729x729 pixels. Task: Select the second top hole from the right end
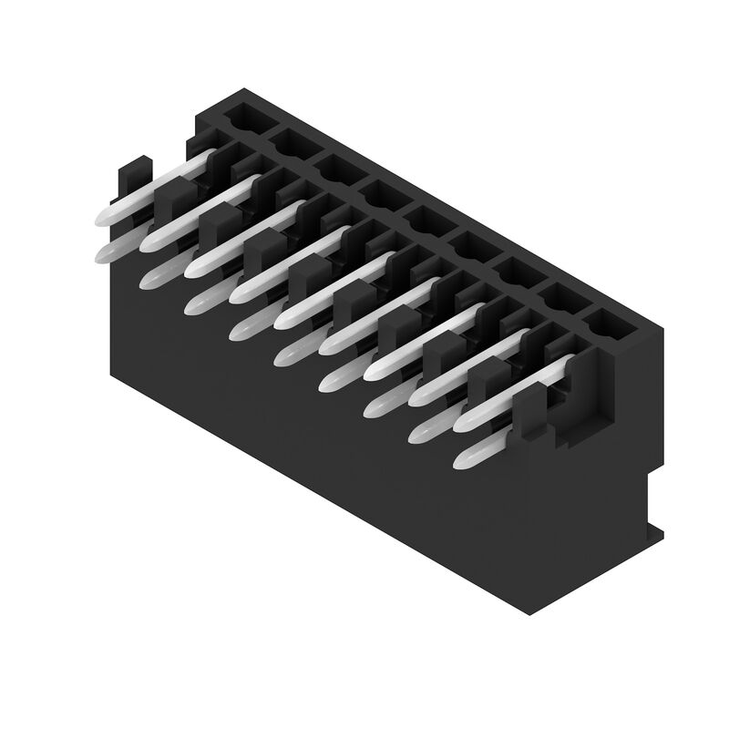click(561, 297)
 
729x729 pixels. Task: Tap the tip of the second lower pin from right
click(418, 435)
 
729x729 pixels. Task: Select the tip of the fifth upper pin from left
click(282, 320)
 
